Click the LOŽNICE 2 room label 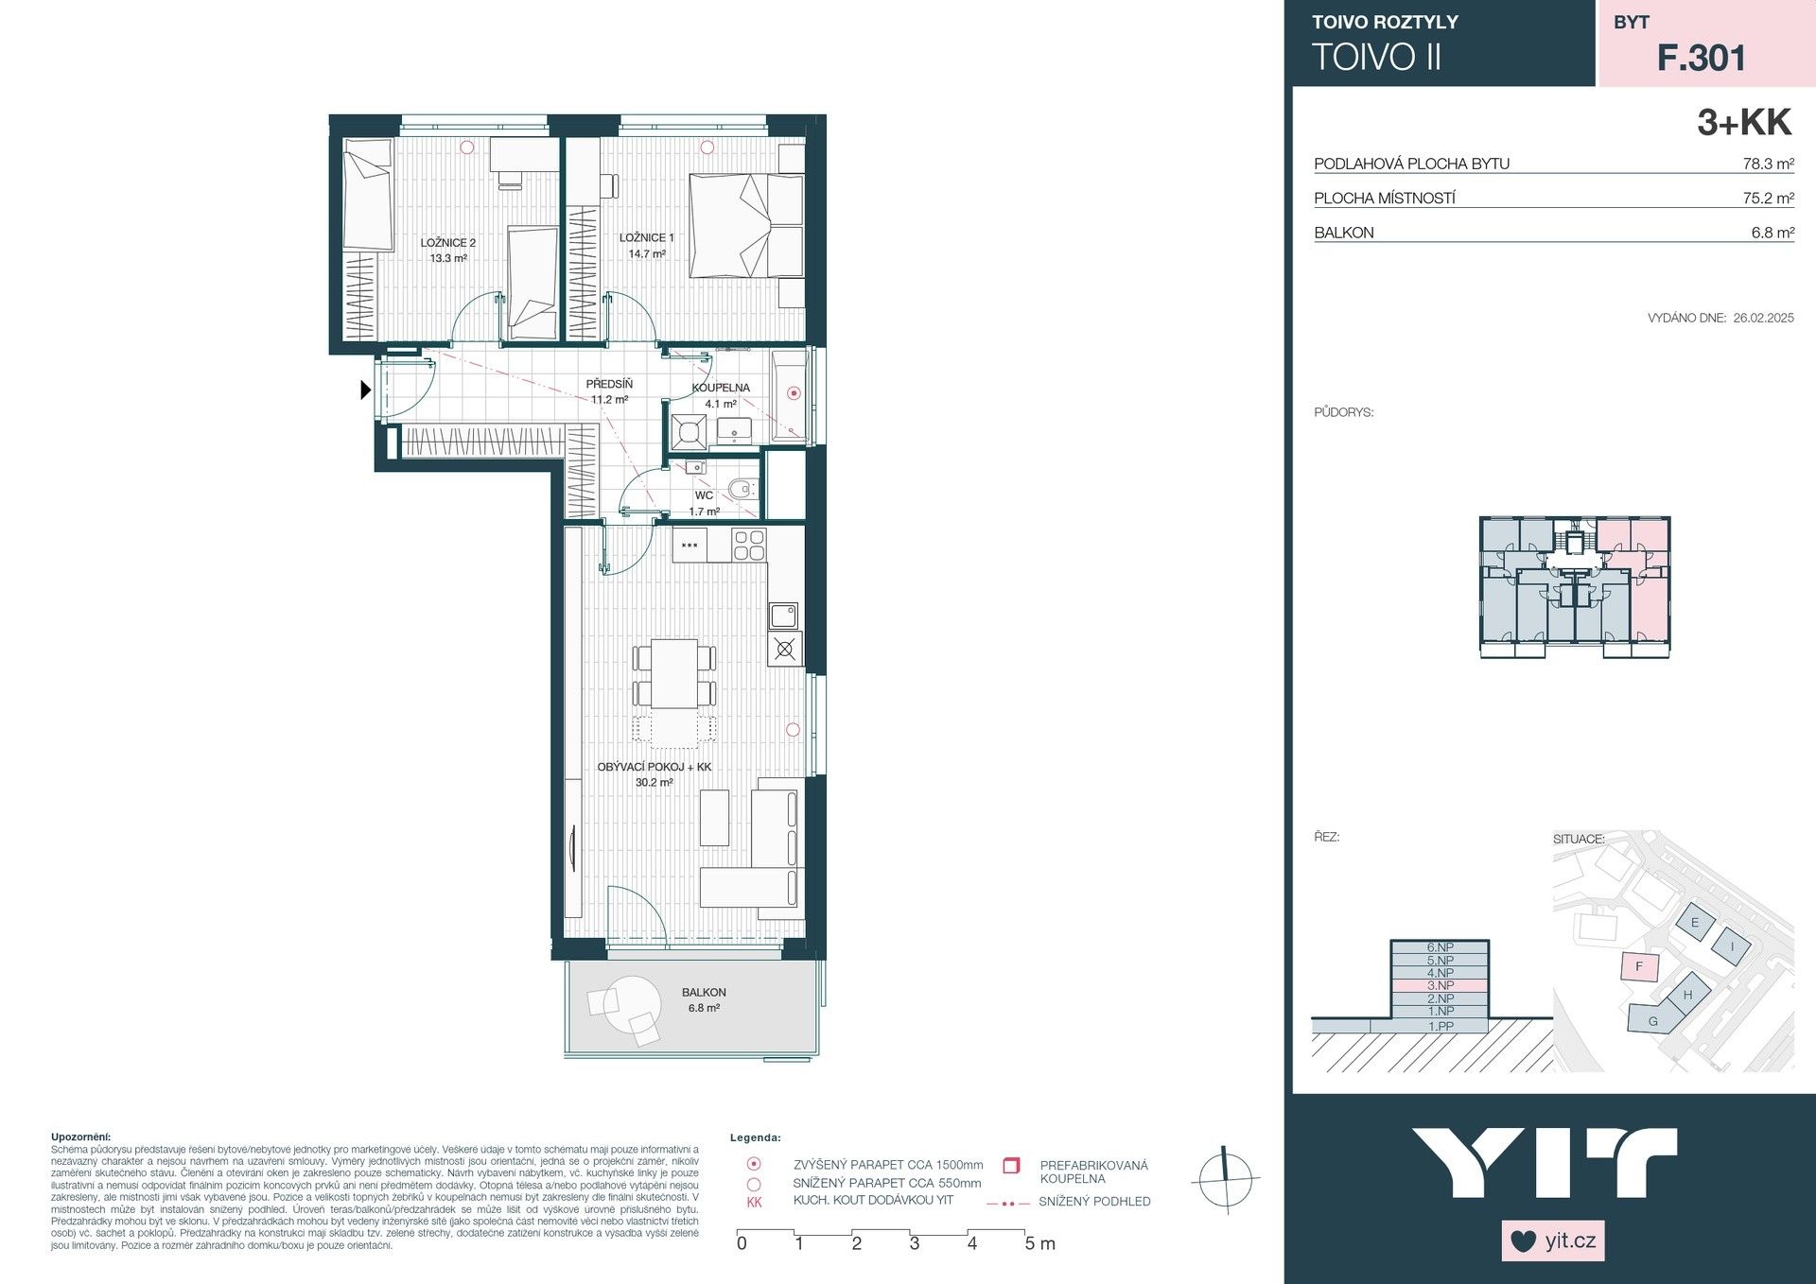[x=447, y=243]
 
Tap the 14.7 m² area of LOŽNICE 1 [x=646, y=253]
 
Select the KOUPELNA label [x=721, y=388]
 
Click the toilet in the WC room [x=742, y=490]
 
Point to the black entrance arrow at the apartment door [x=365, y=389]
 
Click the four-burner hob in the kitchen [x=749, y=546]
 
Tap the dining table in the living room [x=674, y=673]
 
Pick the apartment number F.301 [x=1701, y=59]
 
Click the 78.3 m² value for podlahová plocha [x=1768, y=164]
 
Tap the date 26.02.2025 [x=1763, y=319]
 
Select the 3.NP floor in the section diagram [x=1440, y=985]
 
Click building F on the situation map [x=1639, y=967]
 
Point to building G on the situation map [x=1652, y=1021]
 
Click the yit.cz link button [x=1553, y=1241]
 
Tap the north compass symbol [x=1225, y=1179]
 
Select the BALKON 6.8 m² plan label [x=704, y=1000]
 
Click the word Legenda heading [x=756, y=1138]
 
